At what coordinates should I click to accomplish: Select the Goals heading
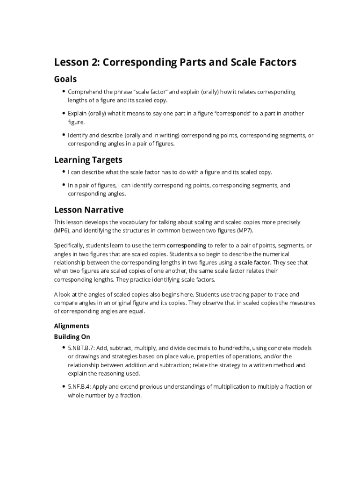pyautogui.click(x=65, y=79)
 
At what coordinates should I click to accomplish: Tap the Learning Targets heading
pyautogui.click(x=88, y=160)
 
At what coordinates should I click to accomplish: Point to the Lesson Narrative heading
pyautogui.click(x=89, y=210)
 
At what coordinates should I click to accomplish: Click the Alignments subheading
pyautogui.click(x=72, y=326)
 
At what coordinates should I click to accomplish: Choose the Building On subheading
pyautogui.click(x=72, y=337)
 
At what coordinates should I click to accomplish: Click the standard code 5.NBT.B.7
pyautogui.click(x=80, y=348)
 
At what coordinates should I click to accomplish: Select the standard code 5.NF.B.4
pyautogui.click(x=79, y=387)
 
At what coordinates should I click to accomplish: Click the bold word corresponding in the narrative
pyautogui.click(x=186, y=245)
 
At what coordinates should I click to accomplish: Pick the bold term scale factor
pyautogui.click(x=254, y=262)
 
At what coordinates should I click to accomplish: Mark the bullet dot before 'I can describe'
pyautogui.click(x=63, y=172)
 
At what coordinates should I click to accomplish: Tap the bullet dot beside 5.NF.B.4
pyautogui.click(x=63, y=387)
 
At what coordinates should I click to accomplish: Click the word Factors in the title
pyautogui.click(x=278, y=62)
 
